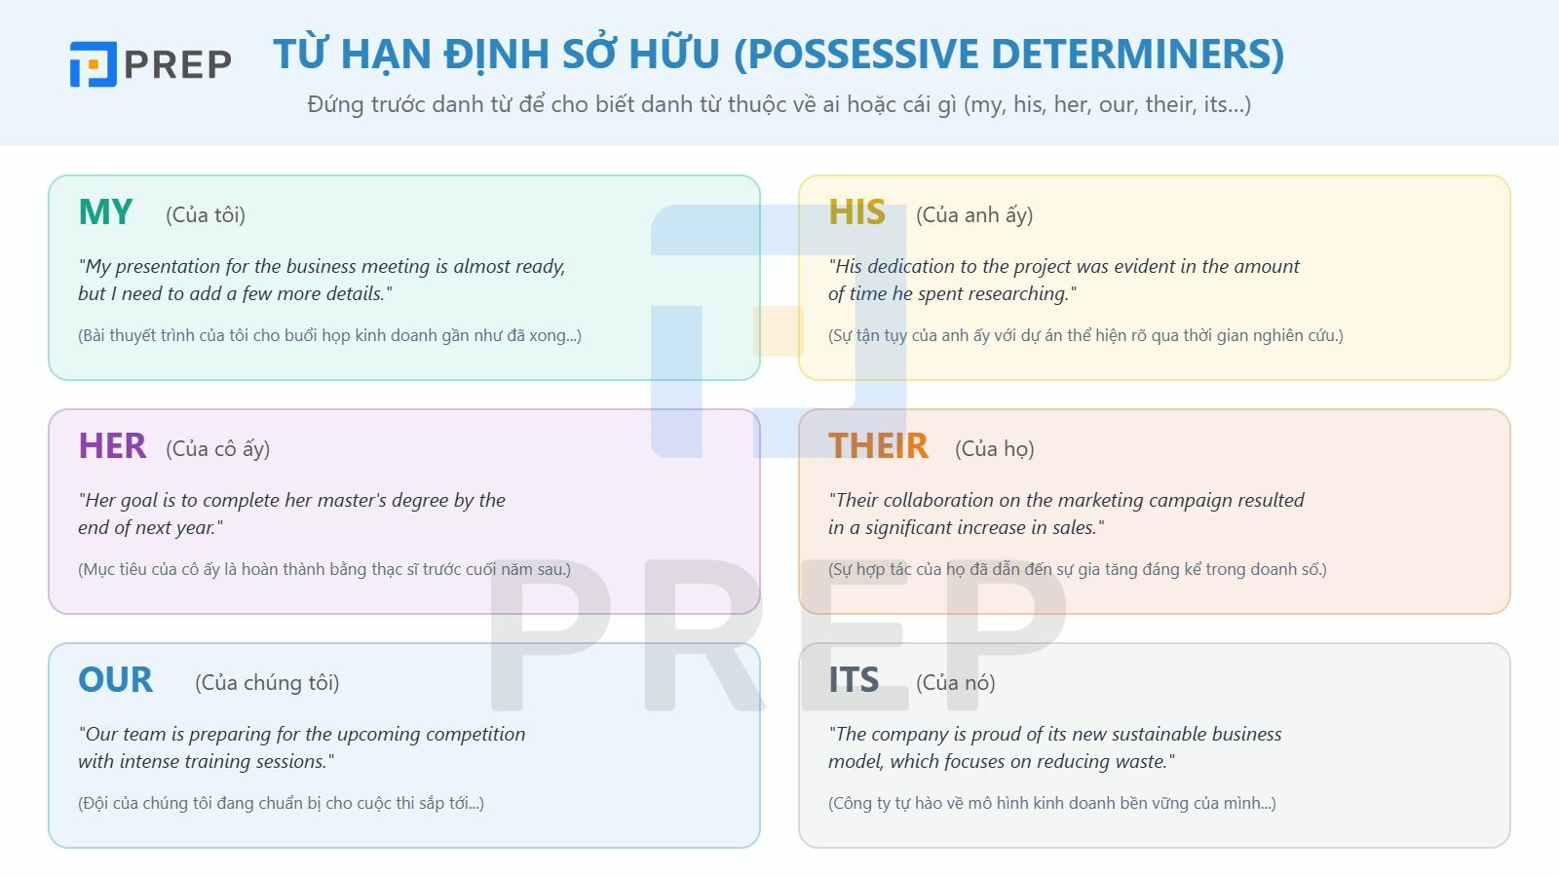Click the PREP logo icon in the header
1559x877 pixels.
click(94, 64)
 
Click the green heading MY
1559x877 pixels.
click(105, 212)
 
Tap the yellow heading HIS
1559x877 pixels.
click(856, 212)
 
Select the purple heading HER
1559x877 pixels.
click(112, 446)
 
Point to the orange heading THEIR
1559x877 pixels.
click(878, 446)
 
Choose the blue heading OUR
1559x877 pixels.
click(115, 680)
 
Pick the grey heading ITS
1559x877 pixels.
click(854, 680)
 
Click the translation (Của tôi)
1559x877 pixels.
click(206, 215)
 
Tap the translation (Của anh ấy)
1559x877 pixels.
click(974, 215)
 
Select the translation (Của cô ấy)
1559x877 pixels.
click(217, 449)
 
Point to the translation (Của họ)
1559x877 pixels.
click(994, 449)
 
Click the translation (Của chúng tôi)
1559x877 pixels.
click(267, 683)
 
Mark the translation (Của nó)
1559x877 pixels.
click(955, 683)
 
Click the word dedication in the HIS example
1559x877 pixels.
click(912, 267)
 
